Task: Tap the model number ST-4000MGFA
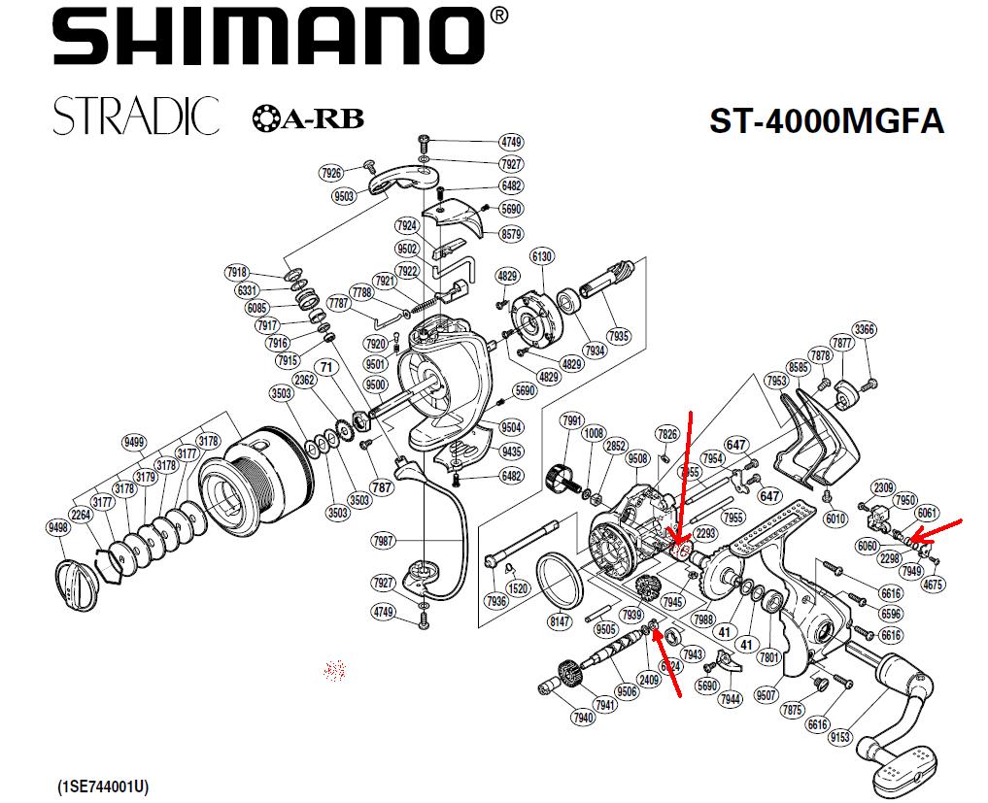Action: click(x=827, y=120)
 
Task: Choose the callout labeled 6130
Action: click(x=542, y=255)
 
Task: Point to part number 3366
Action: click(x=865, y=329)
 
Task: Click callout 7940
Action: click(x=583, y=718)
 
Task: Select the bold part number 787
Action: click(x=382, y=486)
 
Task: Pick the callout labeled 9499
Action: click(x=133, y=443)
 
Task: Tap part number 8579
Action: click(x=511, y=234)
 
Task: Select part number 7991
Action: click(x=573, y=420)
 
